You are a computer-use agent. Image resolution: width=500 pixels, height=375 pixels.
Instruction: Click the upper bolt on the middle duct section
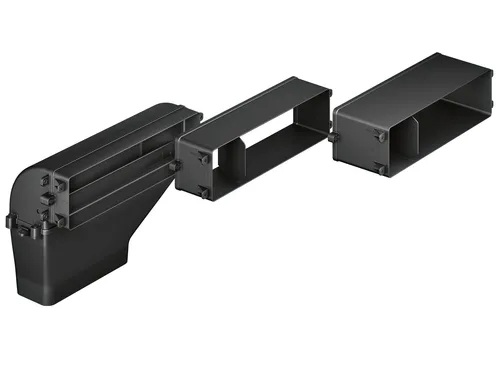point(203,158)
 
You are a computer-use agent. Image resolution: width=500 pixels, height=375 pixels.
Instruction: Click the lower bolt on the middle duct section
point(204,190)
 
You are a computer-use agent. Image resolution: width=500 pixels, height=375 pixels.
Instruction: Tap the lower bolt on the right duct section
point(381,168)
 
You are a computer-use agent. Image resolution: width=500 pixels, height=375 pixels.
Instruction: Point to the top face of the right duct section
point(410,85)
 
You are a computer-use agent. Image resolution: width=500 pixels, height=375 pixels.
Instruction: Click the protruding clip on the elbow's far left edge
point(12,222)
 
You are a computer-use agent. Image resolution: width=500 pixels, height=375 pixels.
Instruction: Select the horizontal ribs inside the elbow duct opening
point(110,170)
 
